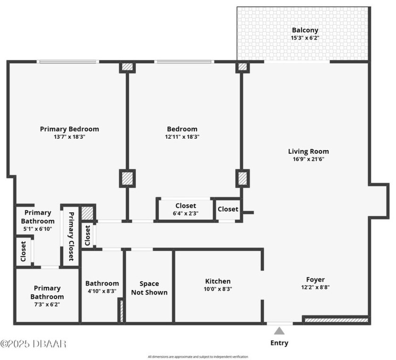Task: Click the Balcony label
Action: (x=305, y=30)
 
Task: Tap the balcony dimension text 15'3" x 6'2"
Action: (x=305, y=38)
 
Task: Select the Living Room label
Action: (x=308, y=151)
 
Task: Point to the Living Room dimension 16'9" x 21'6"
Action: (x=308, y=159)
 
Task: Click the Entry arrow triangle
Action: (x=280, y=331)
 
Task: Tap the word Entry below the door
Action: (x=280, y=343)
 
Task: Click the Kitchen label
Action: (x=218, y=281)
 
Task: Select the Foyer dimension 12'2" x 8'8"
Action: (x=315, y=287)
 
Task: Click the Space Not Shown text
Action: (x=149, y=288)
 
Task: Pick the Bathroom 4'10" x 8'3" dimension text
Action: (x=102, y=291)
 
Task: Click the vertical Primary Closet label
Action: (x=71, y=236)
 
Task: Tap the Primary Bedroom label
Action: (x=69, y=129)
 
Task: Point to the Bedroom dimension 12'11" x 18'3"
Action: (x=182, y=137)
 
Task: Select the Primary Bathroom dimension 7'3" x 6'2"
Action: (x=47, y=304)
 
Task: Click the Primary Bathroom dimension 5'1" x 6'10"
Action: (x=38, y=229)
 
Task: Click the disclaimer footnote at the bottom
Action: (x=198, y=356)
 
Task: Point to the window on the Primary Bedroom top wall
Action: (x=68, y=61)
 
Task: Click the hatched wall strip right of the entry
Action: (x=336, y=320)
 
